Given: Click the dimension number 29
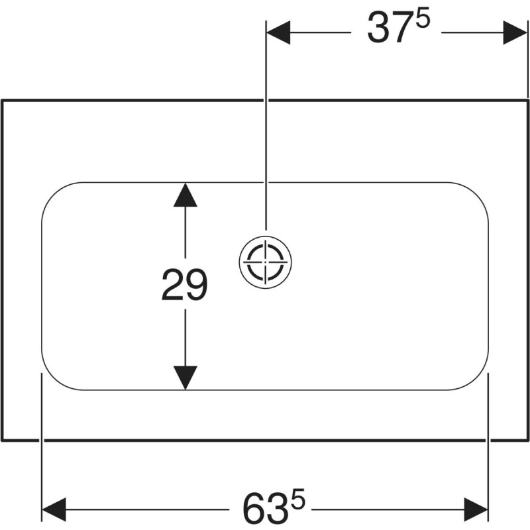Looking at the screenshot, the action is tap(184, 284).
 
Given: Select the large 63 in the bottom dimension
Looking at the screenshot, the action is tap(266, 509).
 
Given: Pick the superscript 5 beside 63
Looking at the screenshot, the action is tap(297, 498).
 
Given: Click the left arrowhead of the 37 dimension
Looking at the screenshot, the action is tap(278, 32).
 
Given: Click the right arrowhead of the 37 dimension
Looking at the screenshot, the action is tap(515, 32).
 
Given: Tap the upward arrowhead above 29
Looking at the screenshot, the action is tap(185, 195).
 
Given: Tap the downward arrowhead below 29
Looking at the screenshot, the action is tap(185, 378).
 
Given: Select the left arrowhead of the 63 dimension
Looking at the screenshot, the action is tap(54, 509).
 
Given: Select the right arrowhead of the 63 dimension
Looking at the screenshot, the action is tap(476, 509).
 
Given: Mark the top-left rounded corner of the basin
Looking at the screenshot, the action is tap(54, 195).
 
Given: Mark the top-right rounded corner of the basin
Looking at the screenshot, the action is tap(476, 195).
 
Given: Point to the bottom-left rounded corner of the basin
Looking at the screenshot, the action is tap(54, 378).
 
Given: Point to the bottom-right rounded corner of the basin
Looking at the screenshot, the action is tap(476, 378).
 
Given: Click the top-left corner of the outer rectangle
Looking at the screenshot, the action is tap(3, 101).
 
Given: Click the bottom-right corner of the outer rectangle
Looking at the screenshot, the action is tap(527, 441).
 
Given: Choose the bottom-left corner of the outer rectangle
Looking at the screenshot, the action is tap(3, 441).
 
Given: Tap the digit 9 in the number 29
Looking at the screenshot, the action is tap(196, 284).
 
